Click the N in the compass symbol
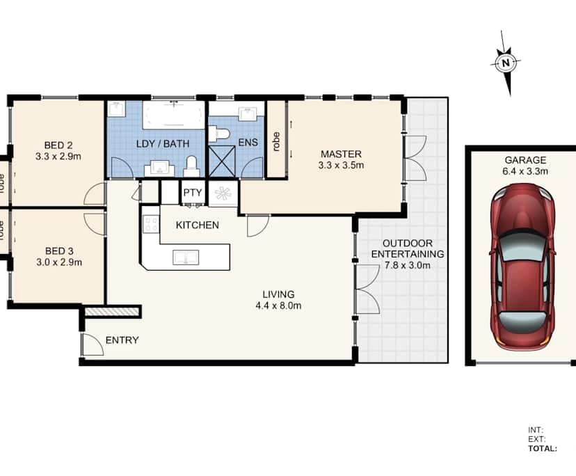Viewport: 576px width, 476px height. coord(506,63)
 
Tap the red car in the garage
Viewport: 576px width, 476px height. coord(522,267)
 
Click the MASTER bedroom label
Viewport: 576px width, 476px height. coord(341,154)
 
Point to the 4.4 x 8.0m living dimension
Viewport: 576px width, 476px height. coord(278,306)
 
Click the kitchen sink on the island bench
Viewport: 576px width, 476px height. coord(186,257)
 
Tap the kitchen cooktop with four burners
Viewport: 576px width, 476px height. coord(151,224)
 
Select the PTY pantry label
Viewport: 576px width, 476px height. coord(193,193)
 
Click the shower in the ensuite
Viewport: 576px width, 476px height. coord(221,161)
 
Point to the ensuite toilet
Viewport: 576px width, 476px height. coord(219,134)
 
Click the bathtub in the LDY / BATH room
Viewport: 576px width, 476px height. coord(173,115)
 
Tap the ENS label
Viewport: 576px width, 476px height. coord(248,142)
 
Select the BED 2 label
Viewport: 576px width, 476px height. coord(58,145)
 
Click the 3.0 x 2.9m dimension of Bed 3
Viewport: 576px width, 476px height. coord(59,262)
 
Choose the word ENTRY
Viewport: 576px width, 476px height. coord(122,340)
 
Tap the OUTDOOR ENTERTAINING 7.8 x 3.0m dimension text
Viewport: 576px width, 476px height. coord(408,265)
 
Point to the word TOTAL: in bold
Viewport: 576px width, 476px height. coord(543,448)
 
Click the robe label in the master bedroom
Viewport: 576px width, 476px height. coord(277,141)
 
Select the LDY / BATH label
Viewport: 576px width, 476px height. coord(163,144)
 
